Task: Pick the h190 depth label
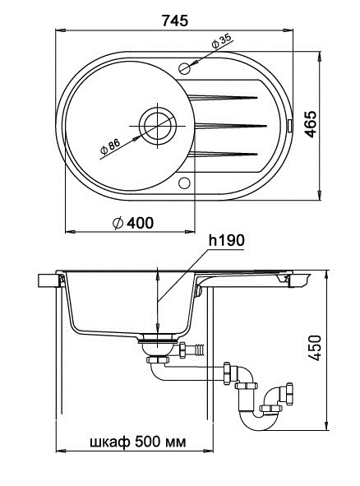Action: [225, 241]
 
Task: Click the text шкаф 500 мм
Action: [137, 442]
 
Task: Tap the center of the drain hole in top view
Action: [157, 125]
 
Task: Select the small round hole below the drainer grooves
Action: [183, 183]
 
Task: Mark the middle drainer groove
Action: [230, 125]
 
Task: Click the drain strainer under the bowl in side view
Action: [158, 336]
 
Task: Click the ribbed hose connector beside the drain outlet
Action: [195, 350]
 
